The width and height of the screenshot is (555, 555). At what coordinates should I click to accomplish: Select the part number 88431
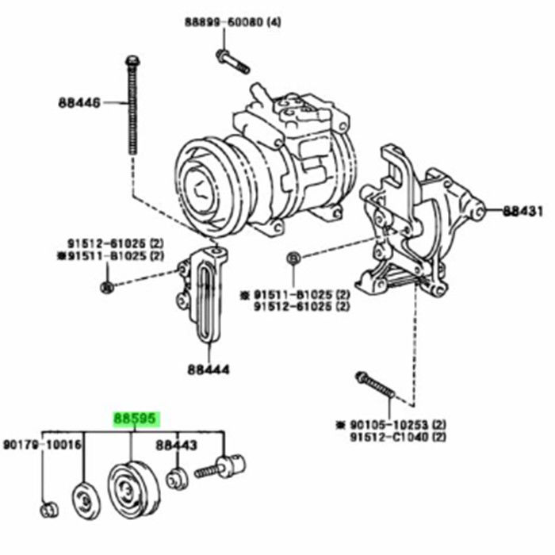[523, 211]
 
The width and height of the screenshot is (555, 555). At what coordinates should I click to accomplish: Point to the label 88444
[209, 369]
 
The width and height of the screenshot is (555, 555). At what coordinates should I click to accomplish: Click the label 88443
[176, 446]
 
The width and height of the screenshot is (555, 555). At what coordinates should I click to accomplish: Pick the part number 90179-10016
[42, 446]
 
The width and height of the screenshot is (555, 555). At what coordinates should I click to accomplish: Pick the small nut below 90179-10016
[48, 508]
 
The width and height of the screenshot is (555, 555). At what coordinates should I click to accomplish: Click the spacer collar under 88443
[177, 479]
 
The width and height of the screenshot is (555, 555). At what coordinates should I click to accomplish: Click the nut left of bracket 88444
[108, 285]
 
